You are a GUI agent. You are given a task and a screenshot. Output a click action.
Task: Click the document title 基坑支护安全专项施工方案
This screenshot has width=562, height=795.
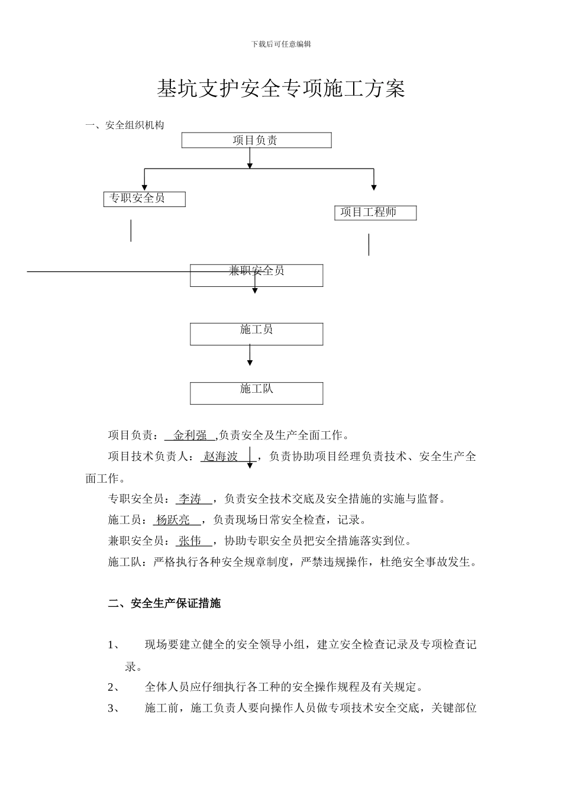coord(281,89)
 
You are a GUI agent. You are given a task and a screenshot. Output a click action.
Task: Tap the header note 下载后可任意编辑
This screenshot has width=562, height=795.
coord(281,44)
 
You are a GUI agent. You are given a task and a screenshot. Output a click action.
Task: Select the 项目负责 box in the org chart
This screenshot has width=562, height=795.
coord(256,140)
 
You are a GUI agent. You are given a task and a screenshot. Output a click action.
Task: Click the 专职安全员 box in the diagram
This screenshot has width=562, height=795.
coord(144,199)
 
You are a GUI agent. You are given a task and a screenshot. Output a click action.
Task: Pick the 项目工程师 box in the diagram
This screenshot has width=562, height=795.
coord(375,213)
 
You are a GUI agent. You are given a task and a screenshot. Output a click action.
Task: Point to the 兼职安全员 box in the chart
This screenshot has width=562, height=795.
coord(256,275)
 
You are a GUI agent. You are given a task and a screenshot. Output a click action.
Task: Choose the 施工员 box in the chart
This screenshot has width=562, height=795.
coord(256,334)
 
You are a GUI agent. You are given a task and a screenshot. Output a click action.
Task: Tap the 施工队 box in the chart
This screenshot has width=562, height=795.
coord(256,393)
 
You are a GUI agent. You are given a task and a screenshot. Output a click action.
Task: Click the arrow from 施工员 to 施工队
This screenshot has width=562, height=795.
coord(250,355)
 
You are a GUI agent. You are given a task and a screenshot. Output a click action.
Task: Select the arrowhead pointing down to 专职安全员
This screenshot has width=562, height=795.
coord(144,188)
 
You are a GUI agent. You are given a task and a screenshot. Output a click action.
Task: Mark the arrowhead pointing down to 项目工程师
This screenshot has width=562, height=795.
coord(374,188)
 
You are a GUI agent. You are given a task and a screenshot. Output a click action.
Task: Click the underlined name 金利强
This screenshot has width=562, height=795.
coord(190,435)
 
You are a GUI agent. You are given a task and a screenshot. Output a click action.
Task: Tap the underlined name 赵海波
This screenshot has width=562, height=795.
coord(221,457)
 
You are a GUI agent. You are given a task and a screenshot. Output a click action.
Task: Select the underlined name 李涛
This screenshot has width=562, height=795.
coord(190,499)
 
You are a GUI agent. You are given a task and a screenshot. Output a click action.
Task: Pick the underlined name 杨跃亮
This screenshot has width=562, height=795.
coord(173,520)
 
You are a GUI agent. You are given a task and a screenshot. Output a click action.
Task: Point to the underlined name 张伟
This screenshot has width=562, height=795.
coord(190,541)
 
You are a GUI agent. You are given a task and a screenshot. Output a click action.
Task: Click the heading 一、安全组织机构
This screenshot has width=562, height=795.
coord(125,125)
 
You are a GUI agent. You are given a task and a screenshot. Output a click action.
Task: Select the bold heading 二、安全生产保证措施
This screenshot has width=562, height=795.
coord(164,603)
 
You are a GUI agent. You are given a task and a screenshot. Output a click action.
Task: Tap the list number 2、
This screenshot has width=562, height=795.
coord(114,687)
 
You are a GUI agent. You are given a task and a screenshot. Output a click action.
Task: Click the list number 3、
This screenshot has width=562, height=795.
coord(114,708)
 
